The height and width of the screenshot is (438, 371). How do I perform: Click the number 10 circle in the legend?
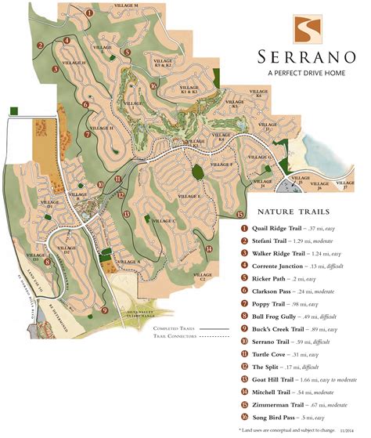coord(244,342)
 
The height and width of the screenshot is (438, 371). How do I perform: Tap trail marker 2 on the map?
coord(39,45)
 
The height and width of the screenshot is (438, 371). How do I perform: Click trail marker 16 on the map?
coord(155,86)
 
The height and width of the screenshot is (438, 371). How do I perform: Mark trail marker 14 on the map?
coord(210,248)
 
